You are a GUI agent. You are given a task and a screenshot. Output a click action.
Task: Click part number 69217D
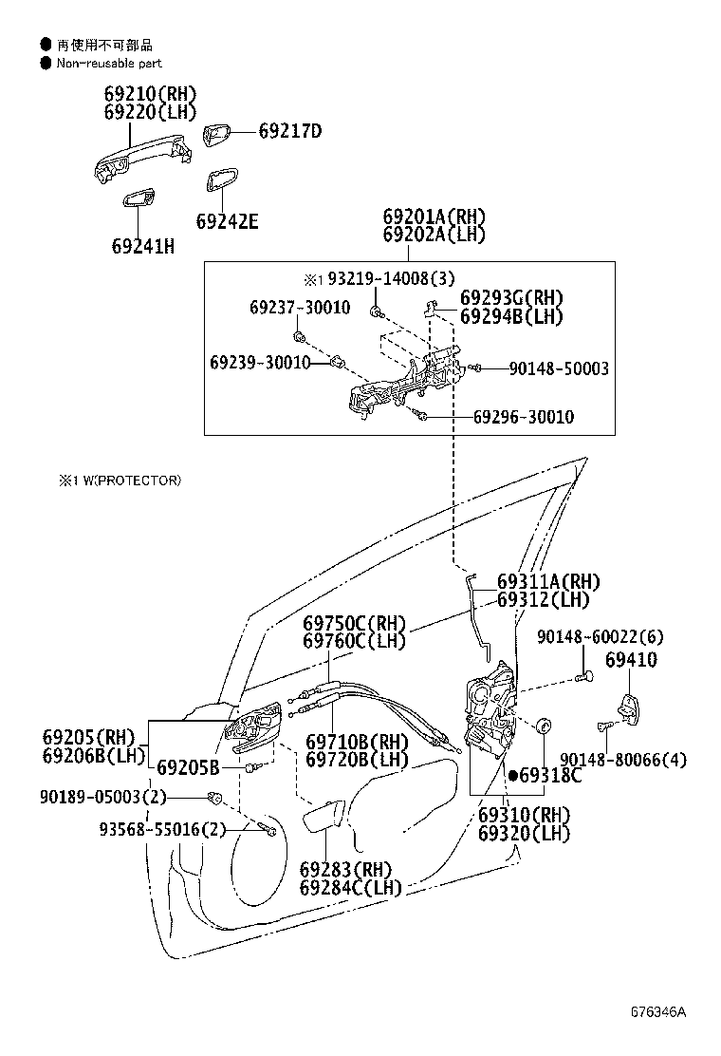pyautogui.click(x=290, y=131)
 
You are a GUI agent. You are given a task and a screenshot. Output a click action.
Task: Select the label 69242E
pyautogui.click(x=228, y=221)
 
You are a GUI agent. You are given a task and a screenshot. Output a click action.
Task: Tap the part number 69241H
pyautogui.click(x=142, y=247)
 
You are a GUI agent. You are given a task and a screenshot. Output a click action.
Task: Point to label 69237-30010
pyautogui.click(x=300, y=308)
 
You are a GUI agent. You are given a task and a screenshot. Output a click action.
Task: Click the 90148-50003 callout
pyautogui.click(x=559, y=368)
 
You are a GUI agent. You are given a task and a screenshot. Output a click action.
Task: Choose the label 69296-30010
pyautogui.click(x=524, y=417)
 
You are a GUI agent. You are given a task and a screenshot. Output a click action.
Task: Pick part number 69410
pyautogui.click(x=631, y=659)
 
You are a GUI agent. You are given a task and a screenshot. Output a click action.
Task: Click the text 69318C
pyautogui.click(x=551, y=776)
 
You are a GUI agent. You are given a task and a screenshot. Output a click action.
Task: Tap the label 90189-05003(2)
pyautogui.click(x=102, y=797)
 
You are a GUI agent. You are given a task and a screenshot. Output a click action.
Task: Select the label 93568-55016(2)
pyautogui.click(x=163, y=829)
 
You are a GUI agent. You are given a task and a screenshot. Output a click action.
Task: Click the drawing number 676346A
pyautogui.click(x=658, y=1012)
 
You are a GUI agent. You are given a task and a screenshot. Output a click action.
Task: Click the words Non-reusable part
pyautogui.click(x=109, y=64)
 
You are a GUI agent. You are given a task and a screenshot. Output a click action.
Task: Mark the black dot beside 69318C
pyautogui.click(x=513, y=776)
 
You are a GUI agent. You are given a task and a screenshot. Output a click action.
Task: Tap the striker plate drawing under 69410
pyautogui.click(x=628, y=709)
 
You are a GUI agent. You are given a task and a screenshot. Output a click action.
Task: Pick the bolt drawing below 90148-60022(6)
pyautogui.click(x=583, y=676)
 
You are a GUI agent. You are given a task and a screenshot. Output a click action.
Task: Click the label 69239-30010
pyautogui.click(x=260, y=363)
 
